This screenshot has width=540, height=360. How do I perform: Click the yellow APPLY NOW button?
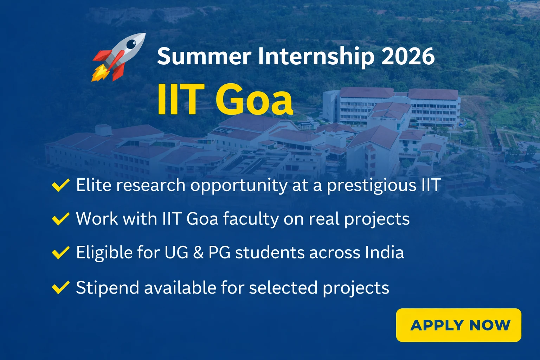pos(458,325)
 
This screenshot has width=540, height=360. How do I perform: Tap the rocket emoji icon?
pos(118,57)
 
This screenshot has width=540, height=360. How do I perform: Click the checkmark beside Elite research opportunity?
pos(60,185)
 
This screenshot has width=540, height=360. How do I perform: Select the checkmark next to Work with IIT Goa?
pos(60,219)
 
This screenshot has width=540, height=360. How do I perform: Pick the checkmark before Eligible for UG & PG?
pos(60,252)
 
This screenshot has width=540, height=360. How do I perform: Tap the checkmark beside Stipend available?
pos(60,287)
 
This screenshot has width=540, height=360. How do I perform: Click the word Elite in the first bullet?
pos(94,185)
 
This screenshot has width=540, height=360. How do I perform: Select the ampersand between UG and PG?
pos(198,253)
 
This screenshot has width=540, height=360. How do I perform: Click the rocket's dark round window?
pos(131,44)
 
